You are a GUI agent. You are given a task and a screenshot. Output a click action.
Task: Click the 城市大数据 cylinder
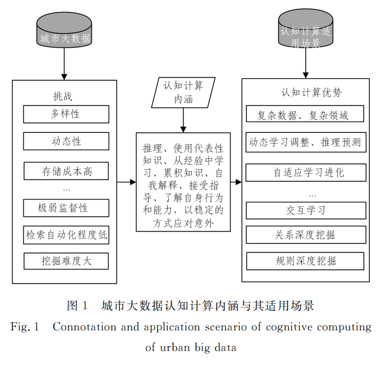coord(64,30)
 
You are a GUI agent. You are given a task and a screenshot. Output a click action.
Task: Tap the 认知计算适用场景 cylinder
coord(306,29)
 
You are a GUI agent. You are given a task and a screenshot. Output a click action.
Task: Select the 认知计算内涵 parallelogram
coord(183,93)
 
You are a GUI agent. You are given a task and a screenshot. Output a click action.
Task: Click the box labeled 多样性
coord(66,114)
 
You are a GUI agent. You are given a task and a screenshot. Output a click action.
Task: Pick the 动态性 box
coord(66,141)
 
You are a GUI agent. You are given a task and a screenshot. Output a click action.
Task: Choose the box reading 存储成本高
coord(66,171)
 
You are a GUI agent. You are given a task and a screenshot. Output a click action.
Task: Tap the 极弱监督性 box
coord(66,208)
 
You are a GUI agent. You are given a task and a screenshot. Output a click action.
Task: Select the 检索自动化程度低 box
coord(66,235)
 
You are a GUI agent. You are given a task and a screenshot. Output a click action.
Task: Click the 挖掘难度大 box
coord(66,261)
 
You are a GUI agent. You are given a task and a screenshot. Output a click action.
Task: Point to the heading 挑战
coord(63,96)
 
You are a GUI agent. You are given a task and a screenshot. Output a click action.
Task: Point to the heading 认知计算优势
coord(312,93)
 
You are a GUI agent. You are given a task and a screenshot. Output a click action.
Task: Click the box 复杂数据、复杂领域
coord(305,114)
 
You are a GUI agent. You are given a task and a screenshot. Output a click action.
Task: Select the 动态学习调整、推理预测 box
coord(306,142)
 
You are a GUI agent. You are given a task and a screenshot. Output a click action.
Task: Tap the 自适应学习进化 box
coord(306,172)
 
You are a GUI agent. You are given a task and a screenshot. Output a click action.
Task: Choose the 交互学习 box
coord(306,210)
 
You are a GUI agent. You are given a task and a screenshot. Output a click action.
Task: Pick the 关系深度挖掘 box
coord(306,235)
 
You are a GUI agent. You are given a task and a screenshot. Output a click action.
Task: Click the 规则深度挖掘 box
coord(305,261)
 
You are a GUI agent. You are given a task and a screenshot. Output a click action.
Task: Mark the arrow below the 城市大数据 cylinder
coord(64,63)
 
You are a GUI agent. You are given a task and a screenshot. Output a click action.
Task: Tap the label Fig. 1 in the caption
coord(25,327)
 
